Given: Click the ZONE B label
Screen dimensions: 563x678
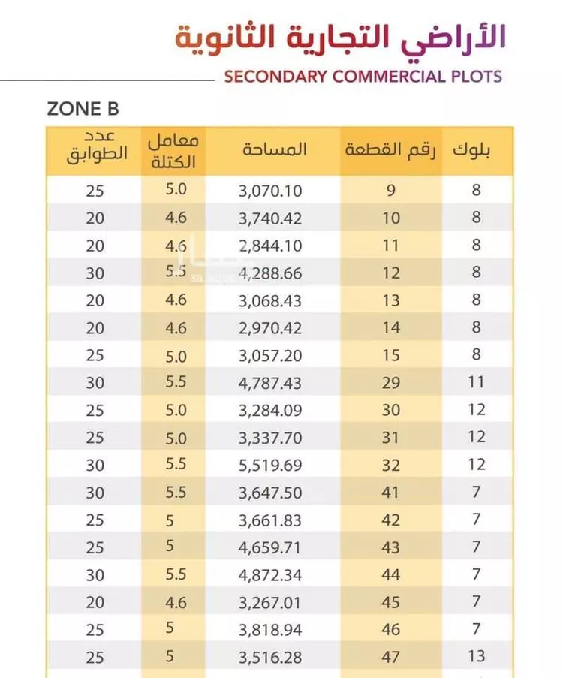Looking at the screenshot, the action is point(83,109).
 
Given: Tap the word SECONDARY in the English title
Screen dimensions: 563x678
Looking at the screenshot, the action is point(275,77).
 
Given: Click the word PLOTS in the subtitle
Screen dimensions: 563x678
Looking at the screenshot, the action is point(476,77).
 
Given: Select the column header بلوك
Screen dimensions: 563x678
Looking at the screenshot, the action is point(471,150).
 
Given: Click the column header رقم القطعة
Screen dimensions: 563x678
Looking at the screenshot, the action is point(390,150).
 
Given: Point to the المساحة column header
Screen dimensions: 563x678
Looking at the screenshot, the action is point(274,149).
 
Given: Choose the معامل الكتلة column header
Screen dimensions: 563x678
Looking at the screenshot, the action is point(173,152).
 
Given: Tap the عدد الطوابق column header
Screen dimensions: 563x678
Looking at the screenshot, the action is point(97,146).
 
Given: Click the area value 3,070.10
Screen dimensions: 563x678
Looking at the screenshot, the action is point(270,191).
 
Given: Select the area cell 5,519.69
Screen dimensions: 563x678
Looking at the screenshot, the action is point(270,466).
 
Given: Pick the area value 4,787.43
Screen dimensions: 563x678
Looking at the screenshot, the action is point(269,383).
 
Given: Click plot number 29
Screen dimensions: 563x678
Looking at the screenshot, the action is point(390,383).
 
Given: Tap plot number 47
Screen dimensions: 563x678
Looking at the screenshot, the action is point(390,657).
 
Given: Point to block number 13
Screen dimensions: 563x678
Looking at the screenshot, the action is point(476,656).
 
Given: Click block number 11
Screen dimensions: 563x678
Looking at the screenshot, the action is point(476,382).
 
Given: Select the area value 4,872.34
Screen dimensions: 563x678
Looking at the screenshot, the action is point(269,575).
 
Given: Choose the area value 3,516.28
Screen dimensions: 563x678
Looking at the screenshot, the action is point(269,658).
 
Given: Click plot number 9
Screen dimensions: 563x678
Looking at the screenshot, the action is point(391,190).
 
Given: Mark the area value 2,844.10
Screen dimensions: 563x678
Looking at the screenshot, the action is point(270,246).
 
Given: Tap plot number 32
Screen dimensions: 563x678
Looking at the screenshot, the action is point(390,466).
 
